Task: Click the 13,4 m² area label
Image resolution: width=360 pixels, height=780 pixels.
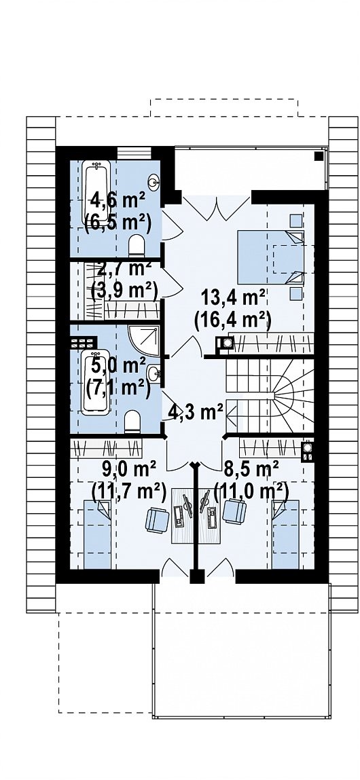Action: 233,299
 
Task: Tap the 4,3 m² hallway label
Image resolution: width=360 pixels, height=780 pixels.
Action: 195,412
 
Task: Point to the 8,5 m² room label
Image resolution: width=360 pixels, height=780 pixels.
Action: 251,468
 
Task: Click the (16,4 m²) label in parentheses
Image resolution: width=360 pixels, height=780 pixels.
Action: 232,320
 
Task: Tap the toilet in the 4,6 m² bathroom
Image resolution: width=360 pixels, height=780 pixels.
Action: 136,246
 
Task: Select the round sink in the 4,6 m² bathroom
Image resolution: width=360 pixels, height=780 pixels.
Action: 154,182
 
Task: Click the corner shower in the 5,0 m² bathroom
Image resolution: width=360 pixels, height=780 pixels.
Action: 145,341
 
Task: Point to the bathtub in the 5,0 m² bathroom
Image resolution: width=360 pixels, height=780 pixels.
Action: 96,382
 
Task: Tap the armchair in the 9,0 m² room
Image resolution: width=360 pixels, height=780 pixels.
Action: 158,519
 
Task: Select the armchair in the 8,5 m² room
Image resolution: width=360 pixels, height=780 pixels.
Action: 234,511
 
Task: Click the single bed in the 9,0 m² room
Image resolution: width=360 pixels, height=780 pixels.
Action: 97,534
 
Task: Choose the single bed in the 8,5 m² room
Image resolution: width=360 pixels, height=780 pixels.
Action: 286,534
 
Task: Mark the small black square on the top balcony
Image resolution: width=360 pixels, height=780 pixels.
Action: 319,156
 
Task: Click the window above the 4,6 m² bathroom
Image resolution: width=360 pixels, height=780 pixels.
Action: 134,153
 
